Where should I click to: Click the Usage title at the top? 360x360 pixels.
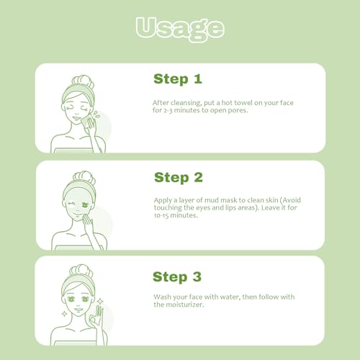180,30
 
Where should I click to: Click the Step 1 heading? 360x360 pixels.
178,79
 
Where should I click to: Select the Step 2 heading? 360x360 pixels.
179,178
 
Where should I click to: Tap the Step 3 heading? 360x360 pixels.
177,276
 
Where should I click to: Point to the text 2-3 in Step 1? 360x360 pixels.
168,111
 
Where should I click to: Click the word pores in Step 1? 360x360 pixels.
238,111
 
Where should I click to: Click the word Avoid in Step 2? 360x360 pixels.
292,200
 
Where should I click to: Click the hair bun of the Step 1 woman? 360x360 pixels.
83,81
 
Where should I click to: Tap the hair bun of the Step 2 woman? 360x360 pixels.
84,177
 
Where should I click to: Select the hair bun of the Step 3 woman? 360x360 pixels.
81,271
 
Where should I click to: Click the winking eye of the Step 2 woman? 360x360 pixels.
71,204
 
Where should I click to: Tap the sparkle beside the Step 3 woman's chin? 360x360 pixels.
64,314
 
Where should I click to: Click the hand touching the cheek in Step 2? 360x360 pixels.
88,222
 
